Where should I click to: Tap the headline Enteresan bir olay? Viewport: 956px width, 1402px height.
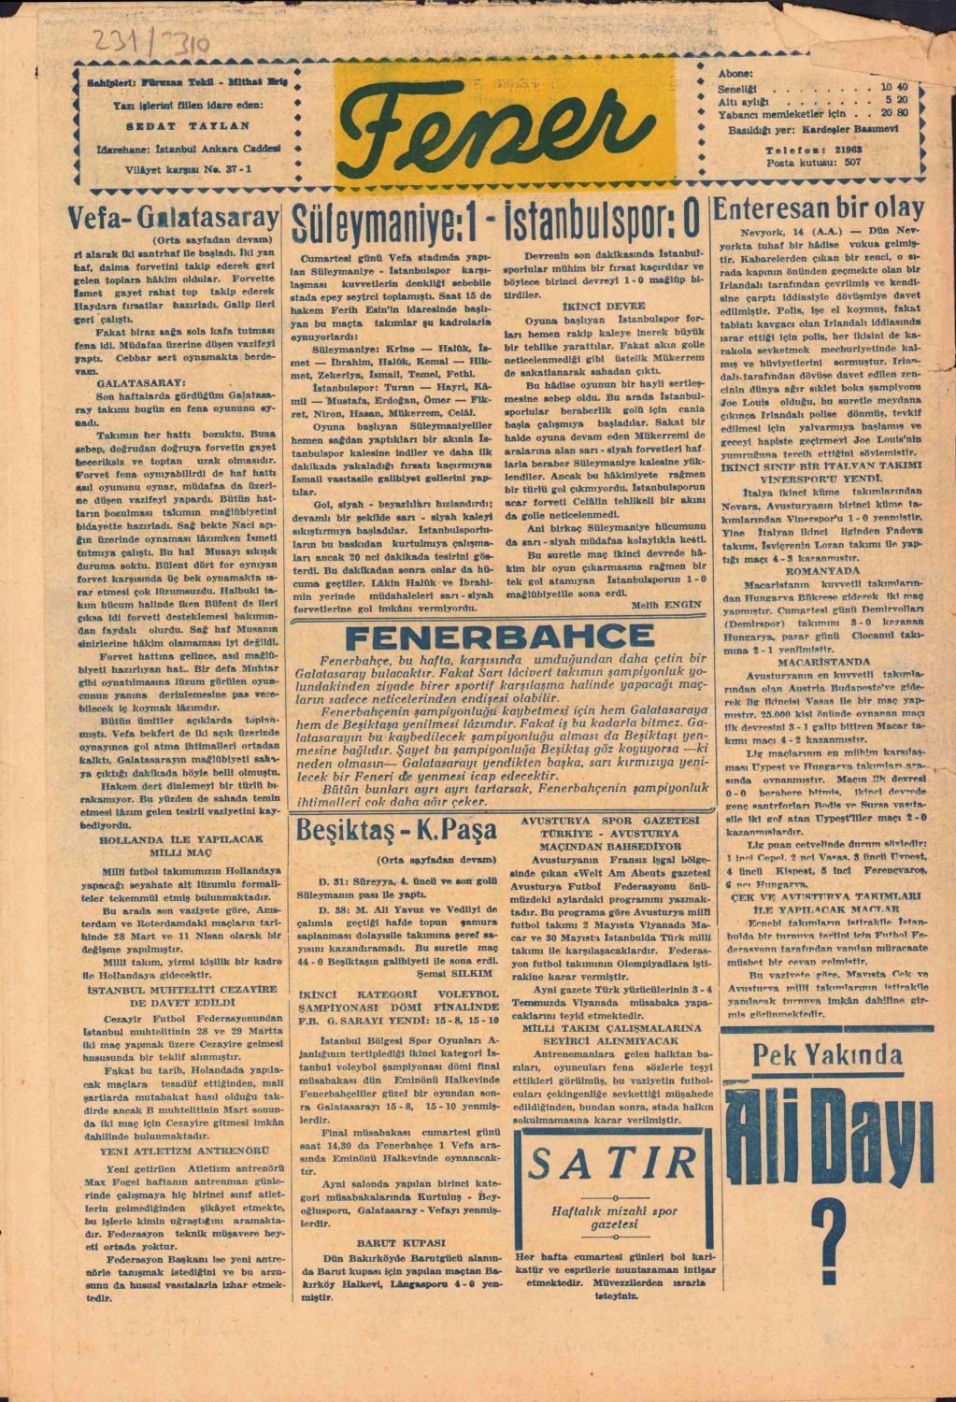click(819, 207)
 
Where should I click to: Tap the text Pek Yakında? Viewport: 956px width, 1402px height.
click(826, 1056)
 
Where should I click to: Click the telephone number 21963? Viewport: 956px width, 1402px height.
click(849, 149)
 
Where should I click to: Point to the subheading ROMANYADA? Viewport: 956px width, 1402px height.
click(822, 569)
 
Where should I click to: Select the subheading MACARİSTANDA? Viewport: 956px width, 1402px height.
click(822, 661)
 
